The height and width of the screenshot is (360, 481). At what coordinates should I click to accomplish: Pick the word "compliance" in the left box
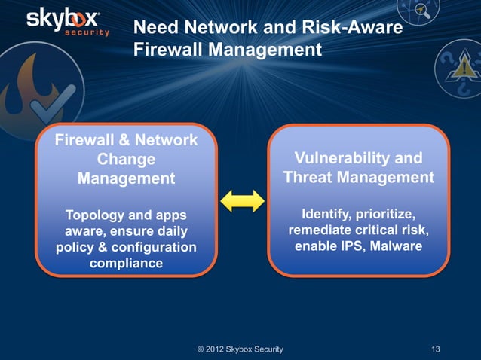[x=126, y=264]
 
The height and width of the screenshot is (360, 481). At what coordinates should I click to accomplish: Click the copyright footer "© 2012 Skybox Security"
[x=240, y=349]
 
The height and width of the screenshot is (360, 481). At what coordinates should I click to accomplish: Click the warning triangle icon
[x=459, y=72]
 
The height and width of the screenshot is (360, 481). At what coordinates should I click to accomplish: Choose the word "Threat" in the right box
[x=309, y=178]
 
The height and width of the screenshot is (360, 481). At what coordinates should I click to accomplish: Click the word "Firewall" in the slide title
[x=169, y=50]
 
